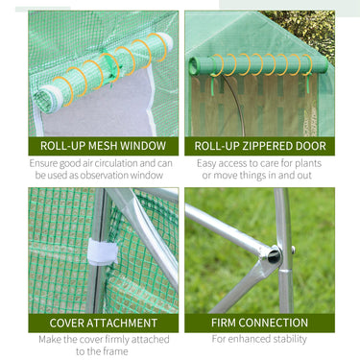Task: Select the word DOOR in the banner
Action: coord(308,146)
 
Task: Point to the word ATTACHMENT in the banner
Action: coord(122,323)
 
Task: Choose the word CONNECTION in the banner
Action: coord(274,323)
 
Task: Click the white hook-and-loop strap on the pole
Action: coord(102,252)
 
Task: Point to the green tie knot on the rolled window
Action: coord(110,69)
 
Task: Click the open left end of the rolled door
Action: coord(194,66)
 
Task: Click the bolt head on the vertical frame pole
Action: coord(293,250)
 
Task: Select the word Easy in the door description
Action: coord(206,163)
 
